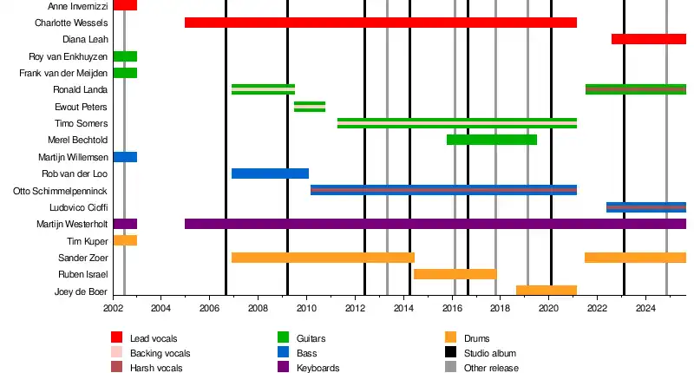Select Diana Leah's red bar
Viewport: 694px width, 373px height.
tap(648, 39)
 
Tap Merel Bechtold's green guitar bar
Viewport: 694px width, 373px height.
tap(491, 140)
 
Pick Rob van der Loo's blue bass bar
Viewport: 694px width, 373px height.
tap(270, 173)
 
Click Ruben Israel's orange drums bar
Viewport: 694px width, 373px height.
tap(455, 274)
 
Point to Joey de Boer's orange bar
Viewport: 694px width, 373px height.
tap(546, 291)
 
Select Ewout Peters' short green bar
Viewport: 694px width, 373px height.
tap(310, 107)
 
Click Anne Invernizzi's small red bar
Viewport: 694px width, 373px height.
tap(125, 5)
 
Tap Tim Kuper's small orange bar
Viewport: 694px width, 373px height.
tap(125, 240)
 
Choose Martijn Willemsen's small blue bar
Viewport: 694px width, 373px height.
tap(125, 157)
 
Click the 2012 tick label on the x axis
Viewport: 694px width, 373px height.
tap(356, 308)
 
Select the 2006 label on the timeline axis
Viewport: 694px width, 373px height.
tap(209, 308)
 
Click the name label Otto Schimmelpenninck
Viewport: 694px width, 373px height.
tap(61, 190)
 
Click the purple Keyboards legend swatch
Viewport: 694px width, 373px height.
tap(283, 368)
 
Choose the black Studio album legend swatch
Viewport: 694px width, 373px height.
tap(450, 353)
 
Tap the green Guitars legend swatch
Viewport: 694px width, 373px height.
tap(283, 338)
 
